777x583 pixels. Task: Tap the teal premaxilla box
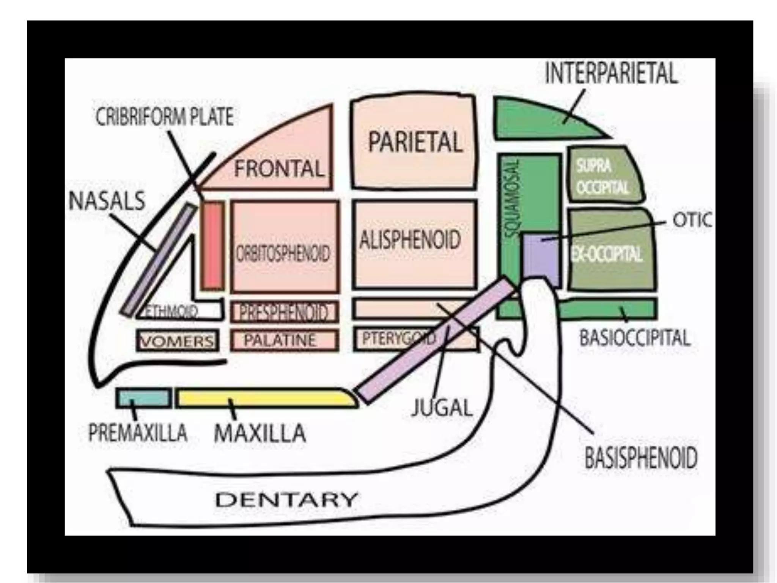pos(143,398)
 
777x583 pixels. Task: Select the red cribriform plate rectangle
pos(212,246)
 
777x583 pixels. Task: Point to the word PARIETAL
pos(415,142)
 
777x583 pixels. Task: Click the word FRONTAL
pos(279,169)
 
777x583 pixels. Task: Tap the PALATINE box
pos(284,340)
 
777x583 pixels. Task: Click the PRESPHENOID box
pos(284,312)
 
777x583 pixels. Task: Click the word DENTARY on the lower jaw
pos(286,499)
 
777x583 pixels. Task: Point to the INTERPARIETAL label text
pos(611,74)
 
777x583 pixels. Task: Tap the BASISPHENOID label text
pos(641,458)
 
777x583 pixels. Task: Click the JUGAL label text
pos(442,408)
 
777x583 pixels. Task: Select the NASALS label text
pos(107,201)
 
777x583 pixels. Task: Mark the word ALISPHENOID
pos(410,240)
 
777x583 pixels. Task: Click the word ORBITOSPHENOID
pos(283,253)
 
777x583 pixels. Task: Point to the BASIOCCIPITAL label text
pos(635,338)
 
